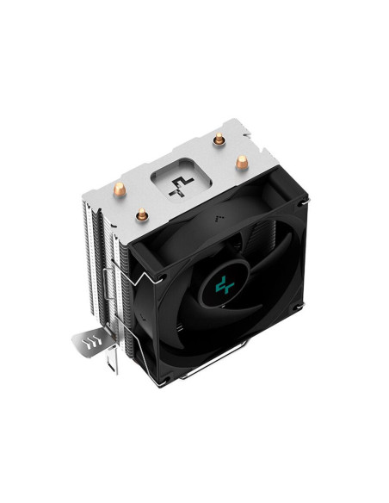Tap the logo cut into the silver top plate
[x=181, y=184]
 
